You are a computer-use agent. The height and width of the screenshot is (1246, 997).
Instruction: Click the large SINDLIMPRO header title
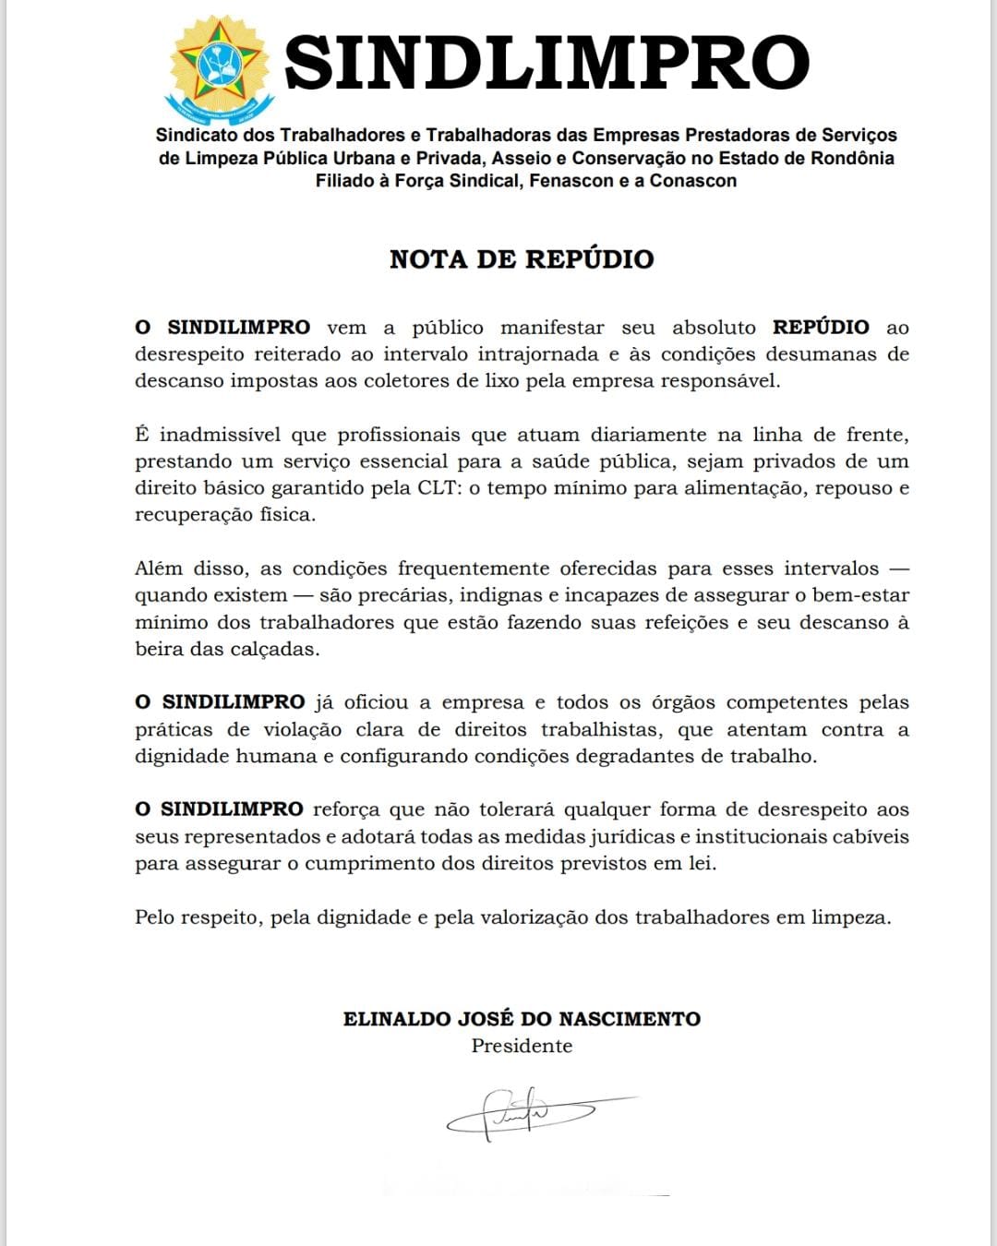point(547,63)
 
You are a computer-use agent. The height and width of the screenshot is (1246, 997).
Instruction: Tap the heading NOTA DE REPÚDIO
point(522,259)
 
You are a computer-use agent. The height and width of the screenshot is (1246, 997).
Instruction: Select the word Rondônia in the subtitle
point(852,158)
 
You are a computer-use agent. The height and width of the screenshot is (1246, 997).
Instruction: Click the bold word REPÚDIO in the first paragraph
point(821,328)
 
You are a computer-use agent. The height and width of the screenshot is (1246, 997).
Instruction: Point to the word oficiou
point(377,703)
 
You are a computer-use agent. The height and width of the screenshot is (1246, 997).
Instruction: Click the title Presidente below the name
point(522,1047)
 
